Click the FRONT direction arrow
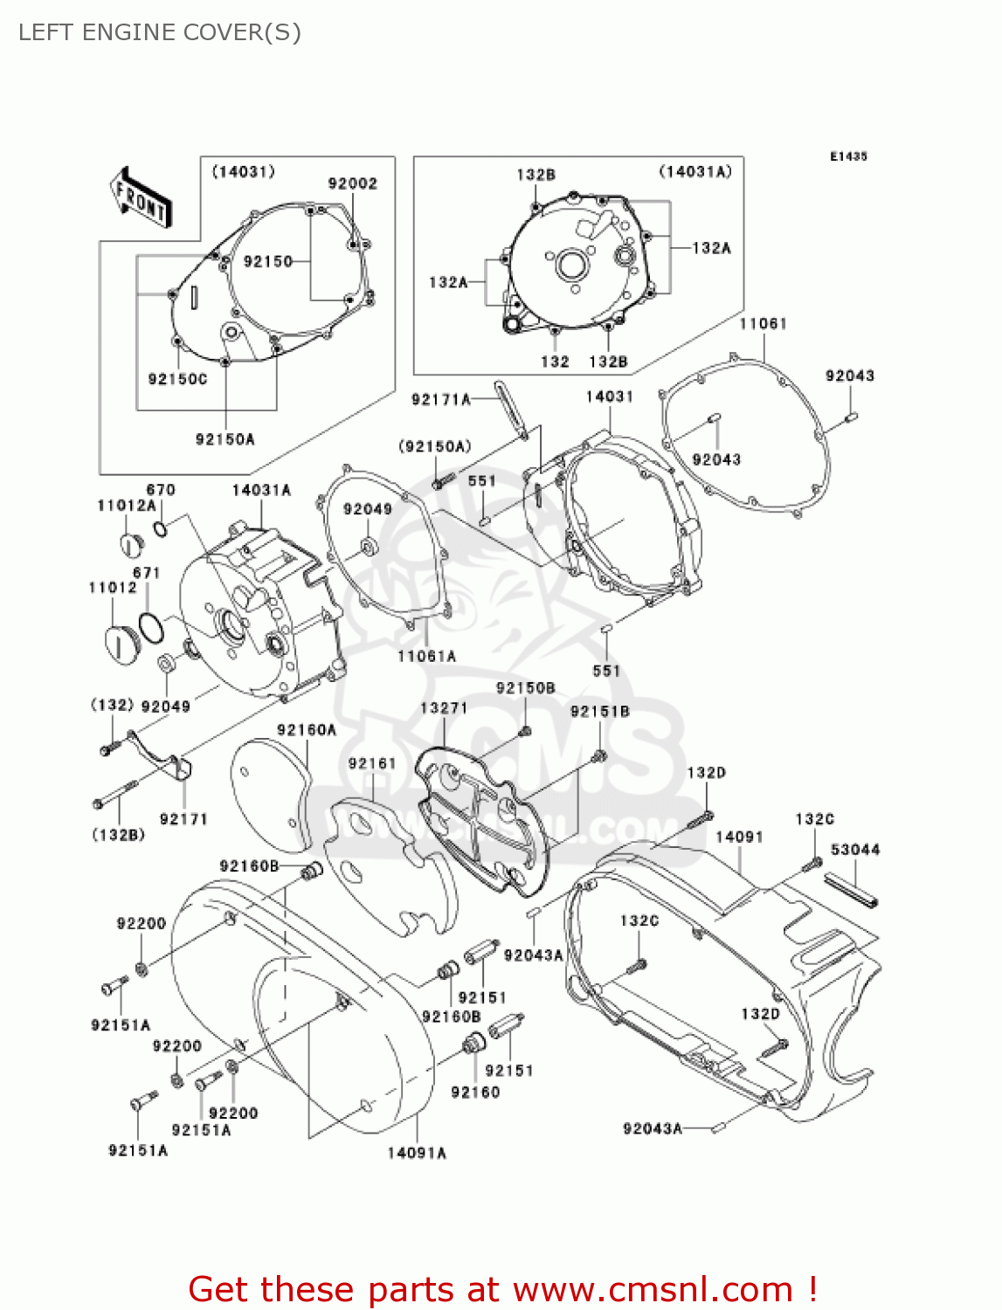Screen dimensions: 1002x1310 [141, 197]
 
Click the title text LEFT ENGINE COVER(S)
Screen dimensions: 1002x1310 [160, 32]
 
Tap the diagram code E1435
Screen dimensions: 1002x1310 [848, 156]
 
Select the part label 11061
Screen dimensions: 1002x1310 [763, 323]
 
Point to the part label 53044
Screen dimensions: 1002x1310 [855, 849]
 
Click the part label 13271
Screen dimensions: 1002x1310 [444, 707]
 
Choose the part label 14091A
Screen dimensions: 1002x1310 [417, 1153]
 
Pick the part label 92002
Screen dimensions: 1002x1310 [353, 183]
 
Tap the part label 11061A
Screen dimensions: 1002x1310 [426, 656]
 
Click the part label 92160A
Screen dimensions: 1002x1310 [307, 729]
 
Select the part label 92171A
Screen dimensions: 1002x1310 [441, 399]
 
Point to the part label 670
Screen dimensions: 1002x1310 [161, 489]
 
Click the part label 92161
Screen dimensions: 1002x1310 [372, 762]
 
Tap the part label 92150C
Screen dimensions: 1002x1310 [178, 379]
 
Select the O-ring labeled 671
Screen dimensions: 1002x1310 [150, 627]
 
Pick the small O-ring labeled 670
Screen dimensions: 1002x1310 [161, 528]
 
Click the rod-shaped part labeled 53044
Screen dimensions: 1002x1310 [851, 890]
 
